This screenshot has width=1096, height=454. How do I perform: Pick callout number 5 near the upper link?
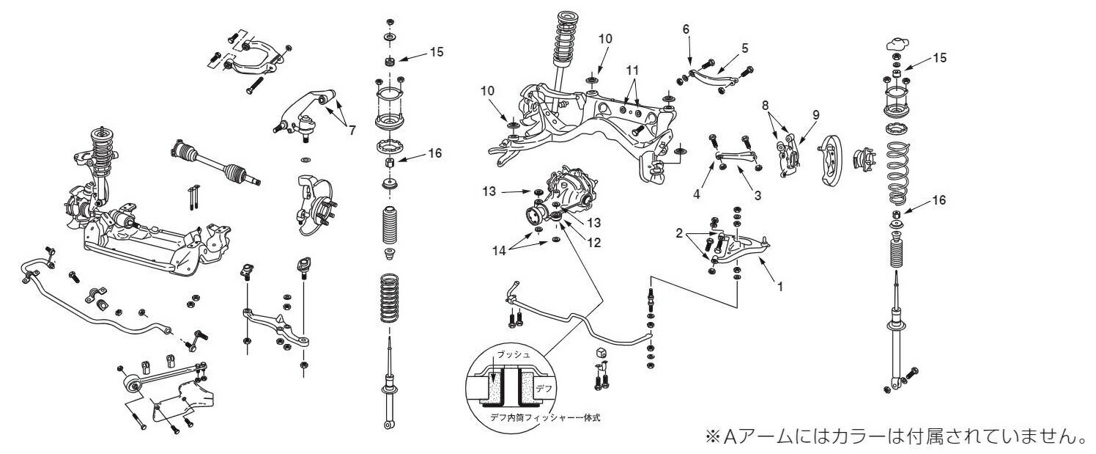744,48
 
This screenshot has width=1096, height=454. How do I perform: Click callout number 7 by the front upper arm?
352,130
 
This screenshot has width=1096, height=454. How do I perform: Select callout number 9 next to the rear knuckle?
815,114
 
